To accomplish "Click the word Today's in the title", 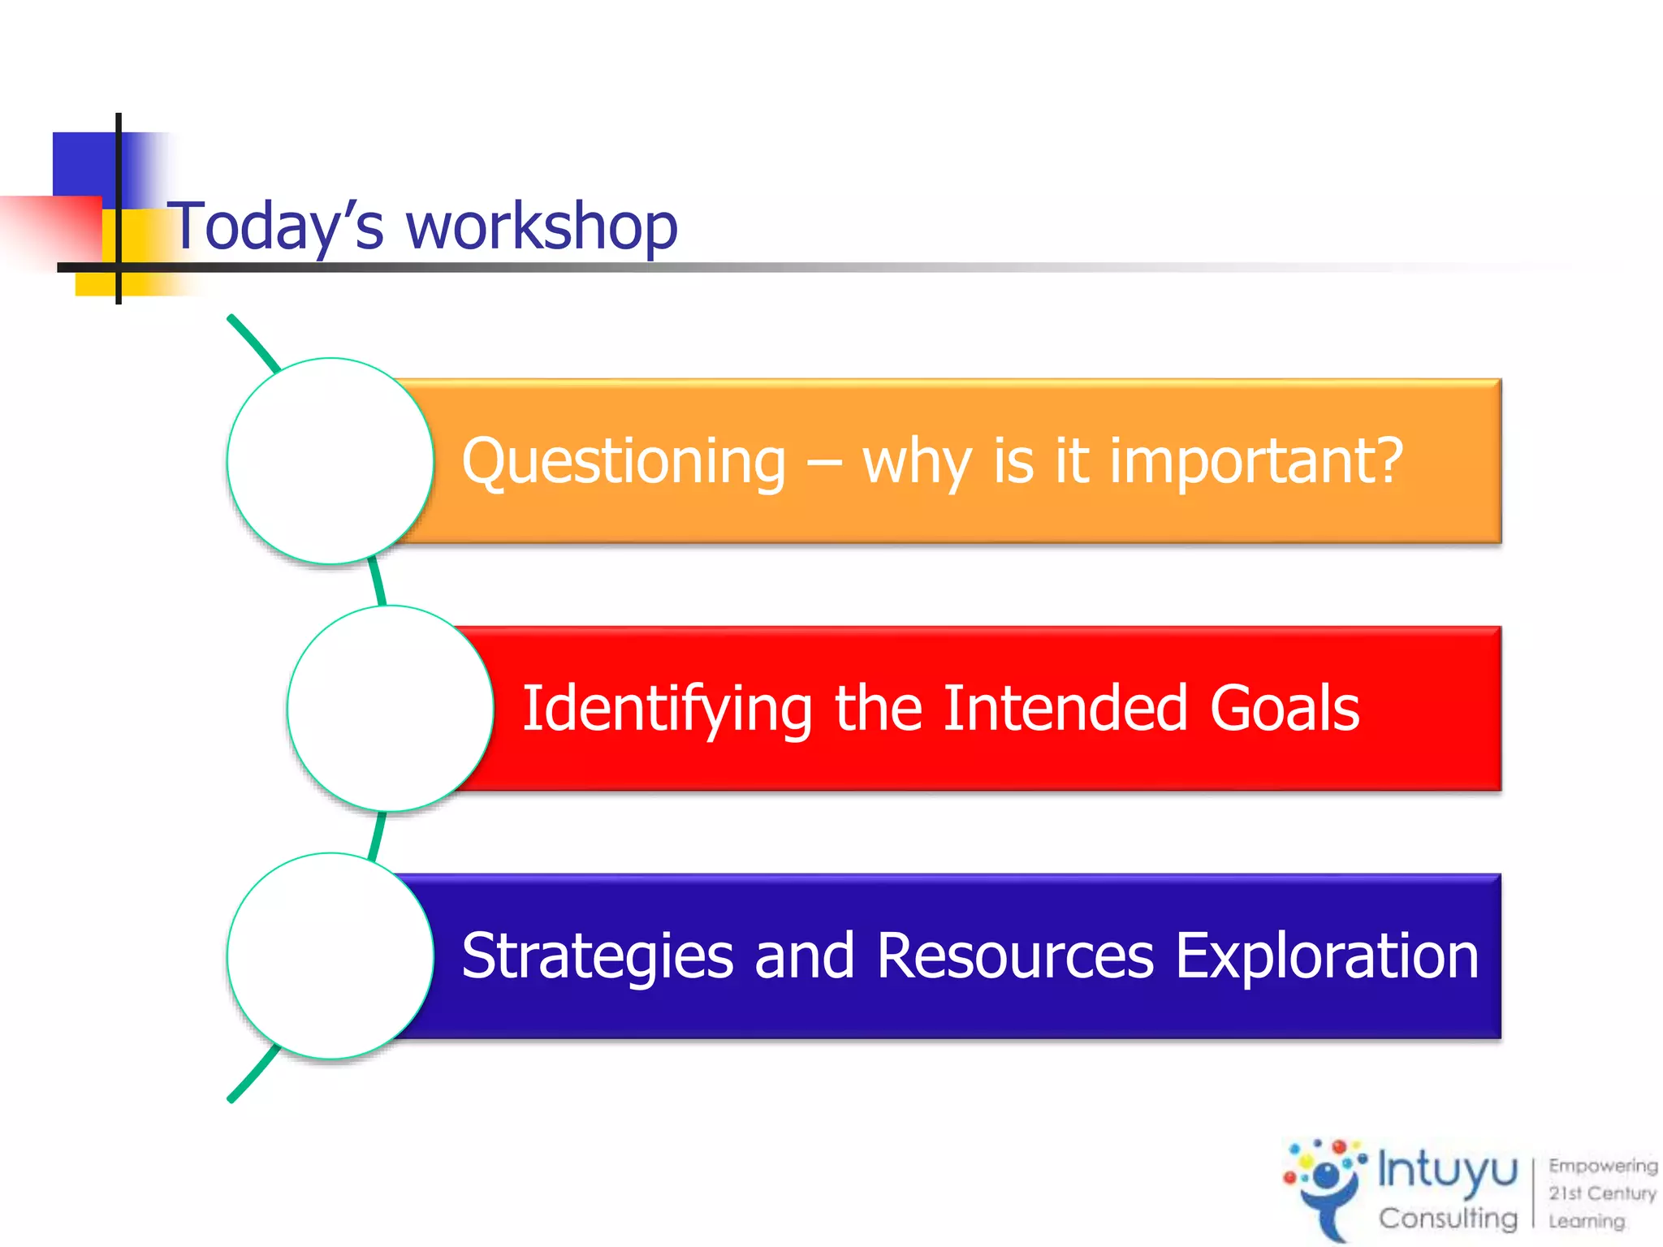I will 276,227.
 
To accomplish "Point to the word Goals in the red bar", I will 1284,708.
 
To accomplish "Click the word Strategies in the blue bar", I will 597,956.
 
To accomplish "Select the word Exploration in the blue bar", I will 1327,956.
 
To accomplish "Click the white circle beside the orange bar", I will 330,461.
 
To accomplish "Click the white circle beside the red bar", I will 391,709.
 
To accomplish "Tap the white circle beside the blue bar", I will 330,956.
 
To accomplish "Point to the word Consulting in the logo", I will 1447,1218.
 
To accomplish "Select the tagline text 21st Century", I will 1601,1193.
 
